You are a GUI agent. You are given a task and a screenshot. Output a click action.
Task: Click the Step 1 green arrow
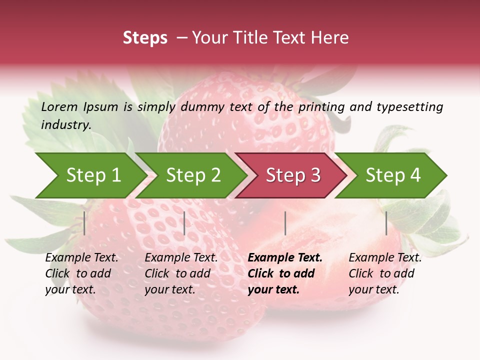coord(90,175)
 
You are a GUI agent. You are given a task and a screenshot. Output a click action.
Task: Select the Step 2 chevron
coord(192,175)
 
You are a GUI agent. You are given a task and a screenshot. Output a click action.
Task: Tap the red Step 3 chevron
coord(292,175)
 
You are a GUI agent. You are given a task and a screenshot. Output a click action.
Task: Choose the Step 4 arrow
coord(392,175)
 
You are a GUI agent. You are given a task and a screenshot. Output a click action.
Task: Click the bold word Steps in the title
coord(145,38)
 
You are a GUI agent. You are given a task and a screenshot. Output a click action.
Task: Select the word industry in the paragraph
coord(65,124)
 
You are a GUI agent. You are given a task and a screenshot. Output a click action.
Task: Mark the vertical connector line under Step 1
coord(84,223)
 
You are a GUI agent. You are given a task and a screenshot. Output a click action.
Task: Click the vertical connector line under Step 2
coord(184,223)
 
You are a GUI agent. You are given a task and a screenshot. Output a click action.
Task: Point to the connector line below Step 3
coord(285,223)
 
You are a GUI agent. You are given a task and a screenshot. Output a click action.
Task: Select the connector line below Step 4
coord(386,223)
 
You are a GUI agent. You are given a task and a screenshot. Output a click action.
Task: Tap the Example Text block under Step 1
coord(81,273)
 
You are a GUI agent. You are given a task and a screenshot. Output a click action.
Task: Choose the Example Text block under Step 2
coord(181,273)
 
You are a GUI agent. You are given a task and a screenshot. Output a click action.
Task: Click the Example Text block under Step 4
coord(385,273)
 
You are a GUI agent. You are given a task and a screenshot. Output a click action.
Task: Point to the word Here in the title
coord(330,38)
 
